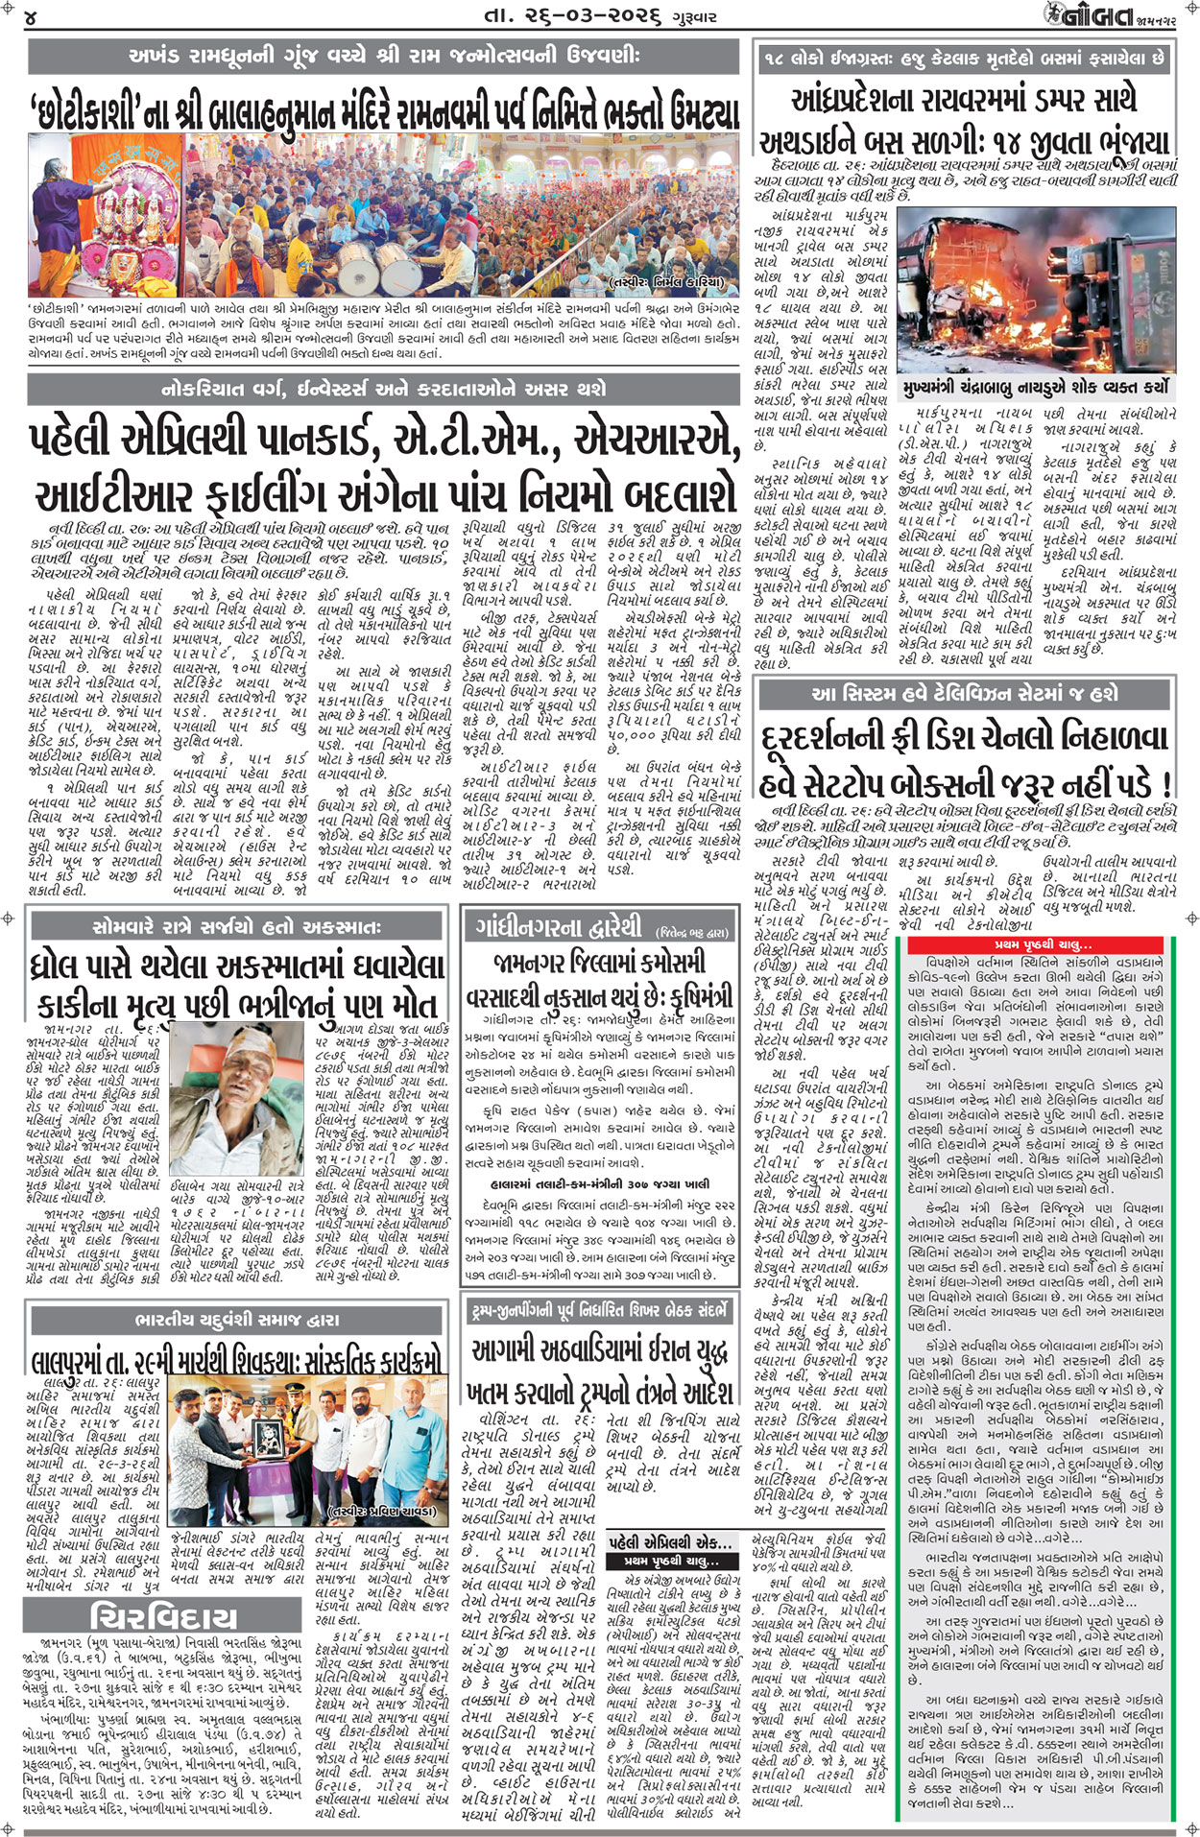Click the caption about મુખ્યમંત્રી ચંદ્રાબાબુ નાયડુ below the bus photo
click(x=1035, y=389)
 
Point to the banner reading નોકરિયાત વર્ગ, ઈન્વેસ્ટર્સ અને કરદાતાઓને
click(x=383, y=389)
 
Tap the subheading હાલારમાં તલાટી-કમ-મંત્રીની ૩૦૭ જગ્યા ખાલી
click(x=597, y=1184)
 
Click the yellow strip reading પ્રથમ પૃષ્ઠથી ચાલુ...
click(x=1043, y=945)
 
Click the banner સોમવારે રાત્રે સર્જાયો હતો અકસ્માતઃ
click(x=236, y=927)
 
